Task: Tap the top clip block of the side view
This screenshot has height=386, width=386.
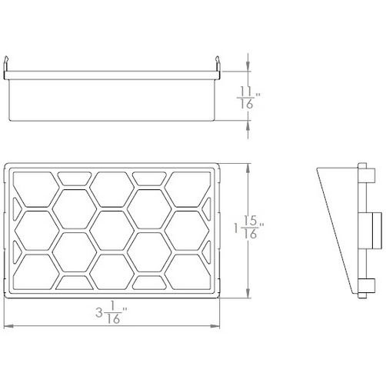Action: coord(361,171)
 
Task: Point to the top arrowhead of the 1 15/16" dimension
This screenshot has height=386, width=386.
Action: coord(247,166)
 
